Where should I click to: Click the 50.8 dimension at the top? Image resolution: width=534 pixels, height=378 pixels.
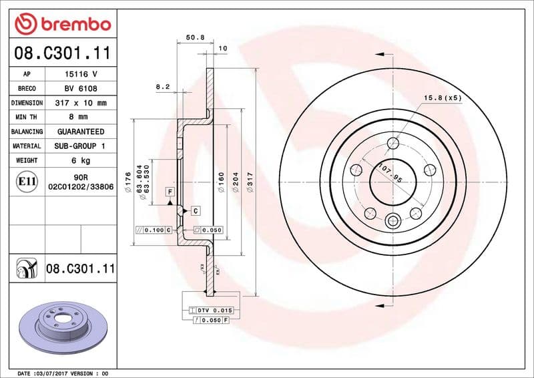(x=194, y=38)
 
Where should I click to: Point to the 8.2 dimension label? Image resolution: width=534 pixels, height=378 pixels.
(x=163, y=87)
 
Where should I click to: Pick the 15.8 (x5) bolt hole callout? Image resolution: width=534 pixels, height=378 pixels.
(x=443, y=98)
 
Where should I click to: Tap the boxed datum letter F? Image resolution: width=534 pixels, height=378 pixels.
(x=170, y=192)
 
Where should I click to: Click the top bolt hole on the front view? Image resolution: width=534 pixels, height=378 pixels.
(x=393, y=143)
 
